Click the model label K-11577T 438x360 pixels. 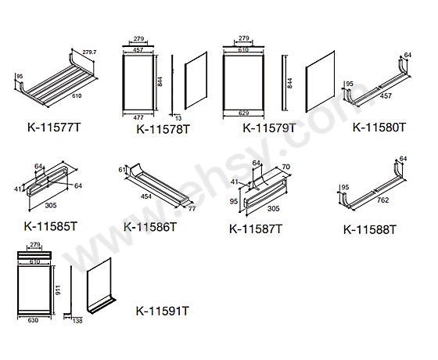click(x=53, y=126)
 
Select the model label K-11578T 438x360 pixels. click(x=163, y=129)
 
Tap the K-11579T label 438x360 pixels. click(x=269, y=128)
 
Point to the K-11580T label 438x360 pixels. click(x=379, y=126)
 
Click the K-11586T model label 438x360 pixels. click(x=150, y=227)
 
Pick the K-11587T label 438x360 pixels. click(x=256, y=229)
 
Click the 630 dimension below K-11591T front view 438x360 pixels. click(x=32, y=320)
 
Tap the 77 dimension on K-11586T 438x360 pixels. click(x=190, y=210)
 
